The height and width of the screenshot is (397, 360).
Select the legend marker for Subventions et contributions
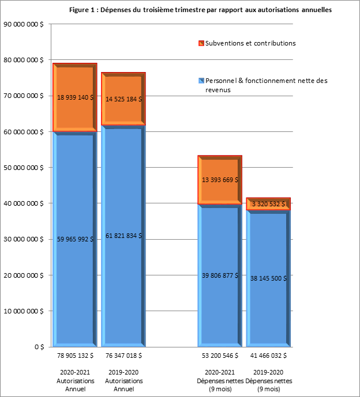point(200,43)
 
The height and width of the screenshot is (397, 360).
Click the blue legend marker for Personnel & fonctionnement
point(200,81)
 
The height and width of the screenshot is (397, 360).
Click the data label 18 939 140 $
point(76,98)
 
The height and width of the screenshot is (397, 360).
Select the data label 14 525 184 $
point(124,99)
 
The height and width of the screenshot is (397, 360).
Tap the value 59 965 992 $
point(76,239)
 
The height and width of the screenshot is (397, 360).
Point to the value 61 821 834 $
point(124,236)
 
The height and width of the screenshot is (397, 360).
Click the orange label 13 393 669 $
point(220,180)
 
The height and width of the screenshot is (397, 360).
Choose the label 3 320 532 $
point(268,204)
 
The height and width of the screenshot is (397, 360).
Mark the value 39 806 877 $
point(220,275)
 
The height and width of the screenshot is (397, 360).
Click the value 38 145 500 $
point(269,278)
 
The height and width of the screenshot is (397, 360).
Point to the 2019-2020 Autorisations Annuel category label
point(124,381)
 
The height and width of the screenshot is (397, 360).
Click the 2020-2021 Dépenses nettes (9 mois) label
point(220,381)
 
